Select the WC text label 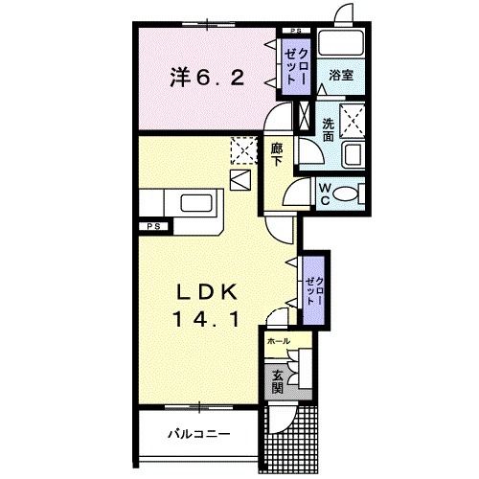click(x=325, y=194)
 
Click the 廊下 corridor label click(x=277, y=156)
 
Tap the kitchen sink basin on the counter click(x=199, y=203)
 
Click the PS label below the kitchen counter click(x=152, y=227)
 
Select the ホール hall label click(x=278, y=341)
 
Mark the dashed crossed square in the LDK click(x=244, y=149)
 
